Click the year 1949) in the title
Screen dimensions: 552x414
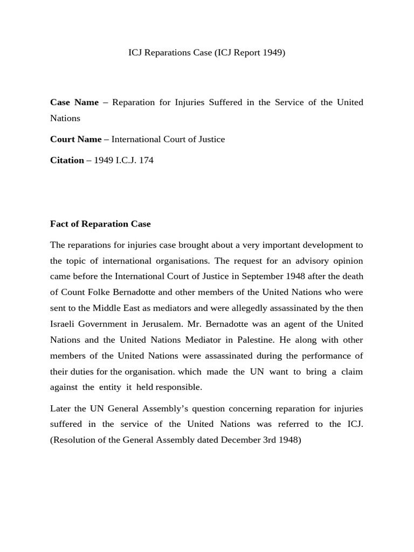[273, 53]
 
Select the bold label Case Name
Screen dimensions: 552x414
[74, 102]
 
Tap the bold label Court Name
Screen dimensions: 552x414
[75, 139]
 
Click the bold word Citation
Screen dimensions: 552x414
[67, 160]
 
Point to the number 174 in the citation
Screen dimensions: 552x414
[146, 160]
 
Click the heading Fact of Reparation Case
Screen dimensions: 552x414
[100, 224]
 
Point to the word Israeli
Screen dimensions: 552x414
[62, 323]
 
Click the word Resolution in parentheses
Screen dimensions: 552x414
[73, 439]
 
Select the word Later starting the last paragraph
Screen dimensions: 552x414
[61, 408]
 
